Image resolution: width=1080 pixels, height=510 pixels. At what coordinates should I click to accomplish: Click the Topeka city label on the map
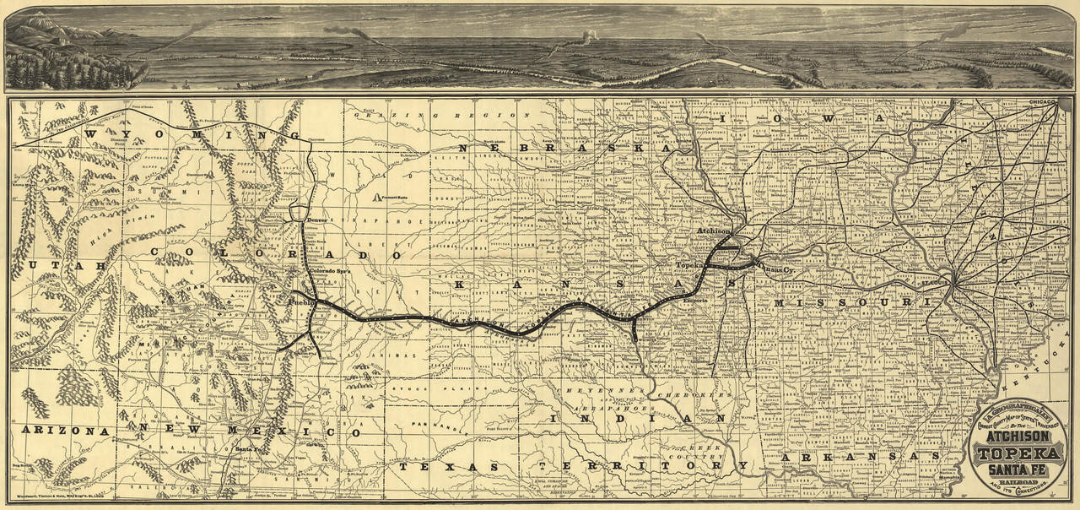click(688, 265)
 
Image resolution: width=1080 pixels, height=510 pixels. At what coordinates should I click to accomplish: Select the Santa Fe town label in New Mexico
click(248, 448)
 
